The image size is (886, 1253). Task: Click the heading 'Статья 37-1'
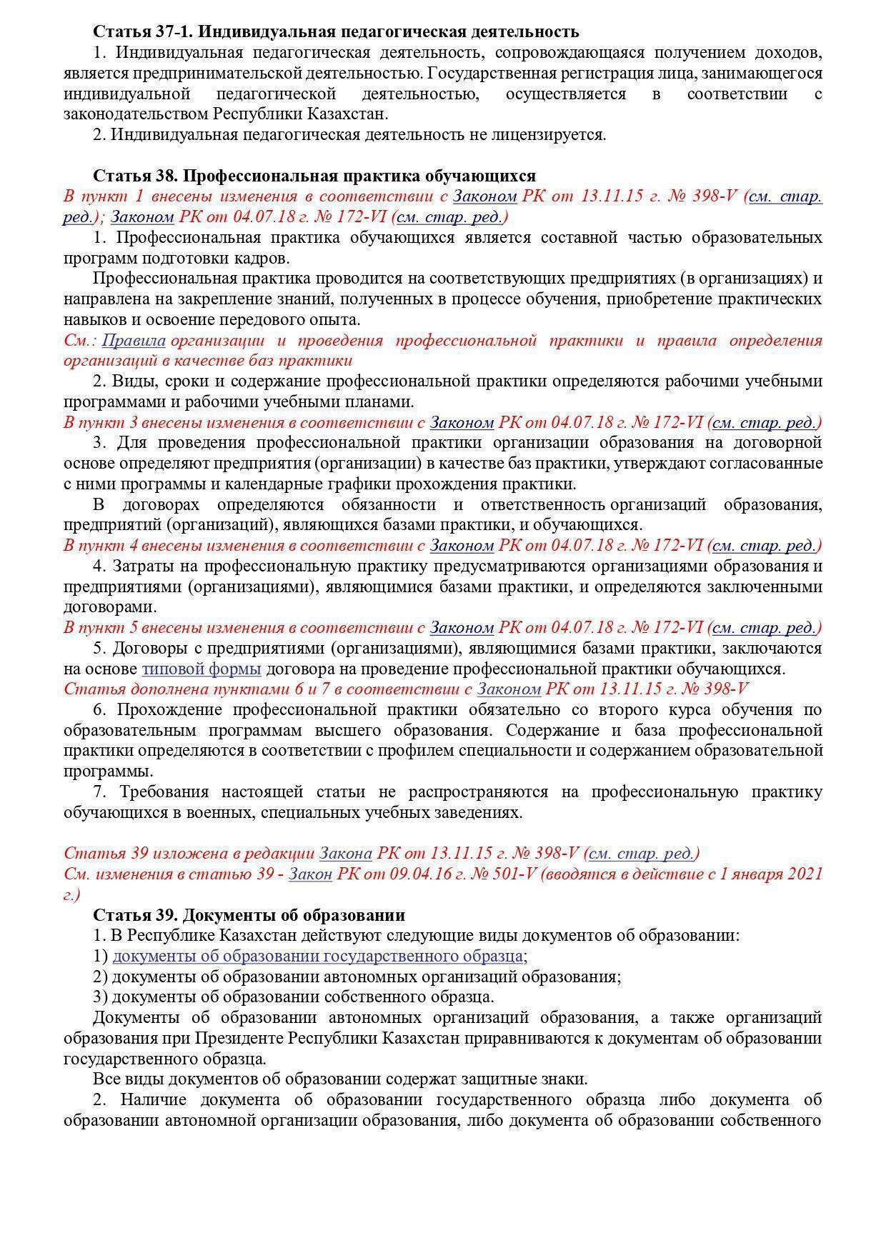click(143, 31)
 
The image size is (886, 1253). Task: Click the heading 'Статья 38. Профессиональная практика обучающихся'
click(314, 176)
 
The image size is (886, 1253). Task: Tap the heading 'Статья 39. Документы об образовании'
click(249, 915)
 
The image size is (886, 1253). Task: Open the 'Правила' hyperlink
click(134, 340)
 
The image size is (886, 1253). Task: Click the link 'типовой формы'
click(201, 669)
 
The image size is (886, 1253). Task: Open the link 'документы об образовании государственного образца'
click(317, 956)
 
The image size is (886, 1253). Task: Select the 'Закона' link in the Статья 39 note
click(345, 853)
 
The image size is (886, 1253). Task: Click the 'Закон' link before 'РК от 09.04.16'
click(310, 874)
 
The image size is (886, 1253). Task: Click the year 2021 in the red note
click(802, 874)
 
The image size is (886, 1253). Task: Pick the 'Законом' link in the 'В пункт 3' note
click(462, 422)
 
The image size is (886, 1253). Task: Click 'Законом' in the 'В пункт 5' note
click(462, 628)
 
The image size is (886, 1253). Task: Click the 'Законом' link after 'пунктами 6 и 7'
click(509, 689)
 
